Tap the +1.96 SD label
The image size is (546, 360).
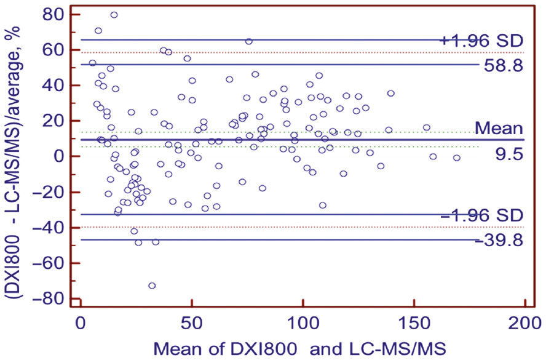[x=481, y=41]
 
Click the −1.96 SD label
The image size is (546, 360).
[x=481, y=215]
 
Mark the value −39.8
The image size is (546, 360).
[x=499, y=240]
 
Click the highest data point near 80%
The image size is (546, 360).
[x=114, y=15]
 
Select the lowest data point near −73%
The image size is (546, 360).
[x=152, y=286]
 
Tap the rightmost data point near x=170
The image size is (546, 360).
[x=457, y=158]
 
